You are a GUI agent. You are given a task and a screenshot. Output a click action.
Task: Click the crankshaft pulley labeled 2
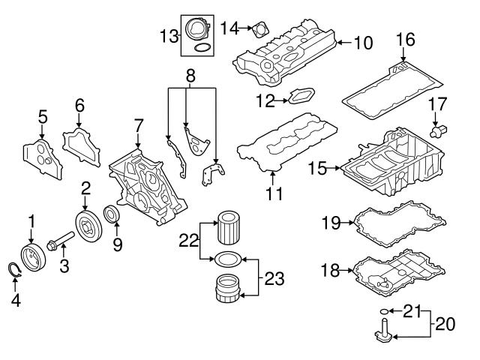pos(88,226)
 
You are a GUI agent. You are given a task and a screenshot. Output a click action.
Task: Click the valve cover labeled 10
pos(285,54)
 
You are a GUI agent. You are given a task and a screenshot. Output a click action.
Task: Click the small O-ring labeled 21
pos(384,310)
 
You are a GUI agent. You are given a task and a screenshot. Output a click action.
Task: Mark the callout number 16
pos(405,40)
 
